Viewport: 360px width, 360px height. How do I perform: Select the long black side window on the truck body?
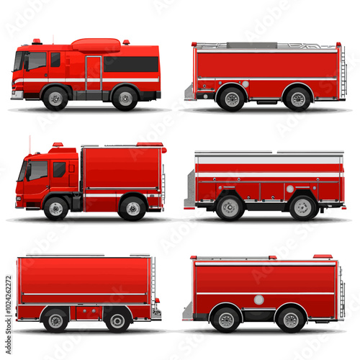[x=131, y=64]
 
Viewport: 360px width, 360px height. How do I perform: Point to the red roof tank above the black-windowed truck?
[x=96, y=45]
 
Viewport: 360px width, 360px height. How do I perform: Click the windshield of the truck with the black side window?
[x=18, y=62]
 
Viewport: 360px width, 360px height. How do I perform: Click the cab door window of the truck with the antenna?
[x=59, y=170]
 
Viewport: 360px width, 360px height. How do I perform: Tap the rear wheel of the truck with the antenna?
[x=132, y=208]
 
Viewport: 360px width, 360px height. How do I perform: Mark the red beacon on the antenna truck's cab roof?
[x=57, y=145]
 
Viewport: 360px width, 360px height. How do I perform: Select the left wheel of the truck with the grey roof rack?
[x=231, y=99]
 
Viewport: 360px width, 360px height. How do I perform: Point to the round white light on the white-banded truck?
[x=289, y=189]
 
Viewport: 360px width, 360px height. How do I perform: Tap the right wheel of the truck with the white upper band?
[x=303, y=208]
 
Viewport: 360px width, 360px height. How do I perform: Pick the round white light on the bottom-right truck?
[x=258, y=300]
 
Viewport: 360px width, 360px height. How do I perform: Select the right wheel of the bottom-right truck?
[x=291, y=319]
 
